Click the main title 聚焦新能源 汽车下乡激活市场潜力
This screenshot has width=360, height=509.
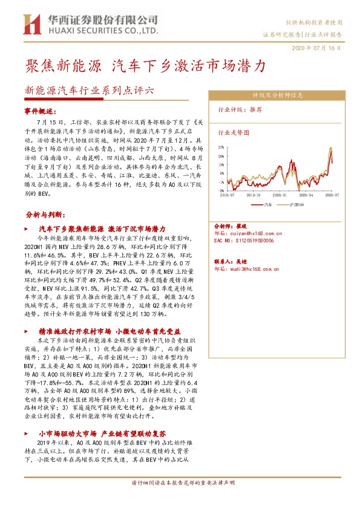click(x=145, y=65)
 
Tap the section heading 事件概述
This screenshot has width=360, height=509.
click(x=40, y=112)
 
